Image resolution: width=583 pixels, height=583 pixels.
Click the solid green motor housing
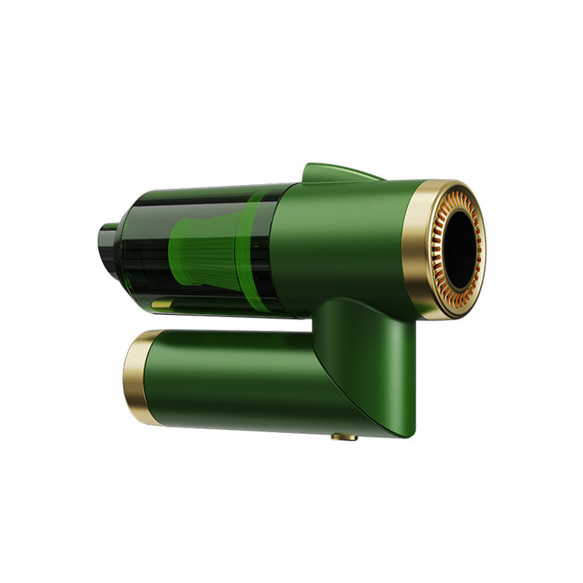point(350,241)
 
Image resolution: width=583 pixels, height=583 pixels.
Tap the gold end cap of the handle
point(135,376)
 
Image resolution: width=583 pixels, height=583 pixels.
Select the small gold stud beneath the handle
point(344,438)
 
